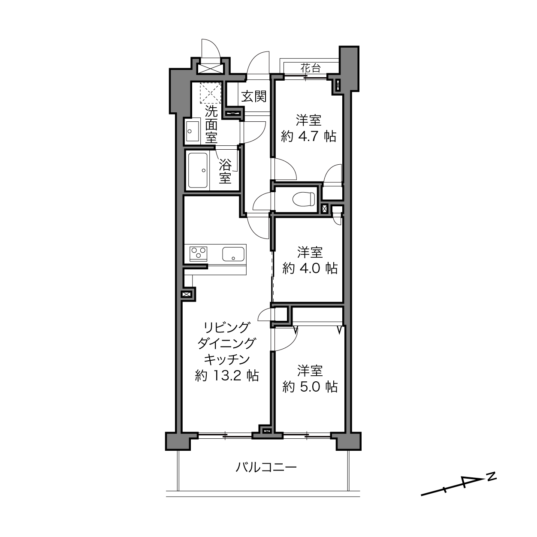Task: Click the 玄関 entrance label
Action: click(254, 97)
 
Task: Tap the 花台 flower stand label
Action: click(311, 68)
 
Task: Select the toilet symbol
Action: click(303, 199)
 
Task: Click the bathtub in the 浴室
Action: click(197, 170)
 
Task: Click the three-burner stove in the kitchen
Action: click(199, 253)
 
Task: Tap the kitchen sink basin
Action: click(233, 254)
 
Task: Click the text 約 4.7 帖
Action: click(308, 136)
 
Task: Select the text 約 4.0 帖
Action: click(310, 268)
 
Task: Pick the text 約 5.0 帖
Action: click(310, 387)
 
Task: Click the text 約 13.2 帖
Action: click(227, 376)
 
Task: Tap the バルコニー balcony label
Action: click(266, 467)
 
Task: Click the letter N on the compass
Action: click(492, 476)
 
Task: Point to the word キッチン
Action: click(227, 360)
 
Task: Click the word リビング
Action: click(226, 327)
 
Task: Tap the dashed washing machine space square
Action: click(211, 93)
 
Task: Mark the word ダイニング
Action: click(226, 344)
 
